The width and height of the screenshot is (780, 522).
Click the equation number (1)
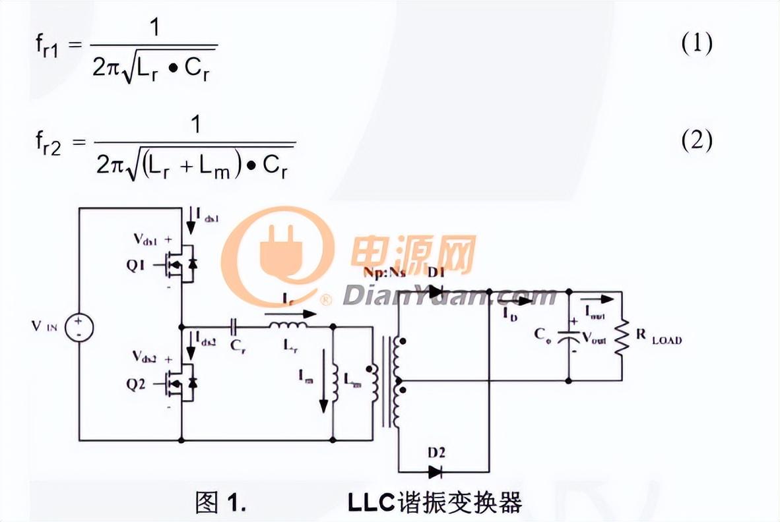tap(696, 45)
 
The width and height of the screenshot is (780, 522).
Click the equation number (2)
tap(696, 141)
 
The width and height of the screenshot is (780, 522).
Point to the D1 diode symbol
tap(436, 291)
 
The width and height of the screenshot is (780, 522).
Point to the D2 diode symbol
tap(435, 471)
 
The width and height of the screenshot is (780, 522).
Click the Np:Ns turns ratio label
tap(384, 272)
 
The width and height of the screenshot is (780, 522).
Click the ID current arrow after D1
tap(521, 301)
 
